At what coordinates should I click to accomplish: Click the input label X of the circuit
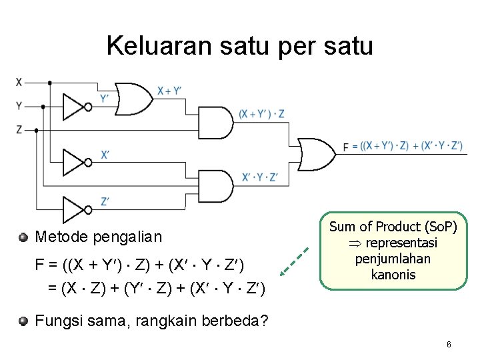point(19,83)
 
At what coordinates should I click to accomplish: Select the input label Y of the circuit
point(19,105)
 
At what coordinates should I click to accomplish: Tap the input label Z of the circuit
point(19,129)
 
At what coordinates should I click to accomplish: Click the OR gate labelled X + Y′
point(133,98)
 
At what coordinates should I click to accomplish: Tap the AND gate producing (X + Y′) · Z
point(216,123)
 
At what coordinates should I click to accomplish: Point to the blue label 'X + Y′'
point(169,91)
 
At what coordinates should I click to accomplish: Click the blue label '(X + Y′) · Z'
point(262,114)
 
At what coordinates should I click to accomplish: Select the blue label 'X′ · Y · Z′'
point(260,177)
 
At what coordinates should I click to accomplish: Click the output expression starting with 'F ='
point(403,146)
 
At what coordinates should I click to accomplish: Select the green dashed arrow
point(294,261)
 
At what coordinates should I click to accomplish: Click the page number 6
point(449,345)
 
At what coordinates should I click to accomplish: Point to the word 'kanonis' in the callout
point(393,275)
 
